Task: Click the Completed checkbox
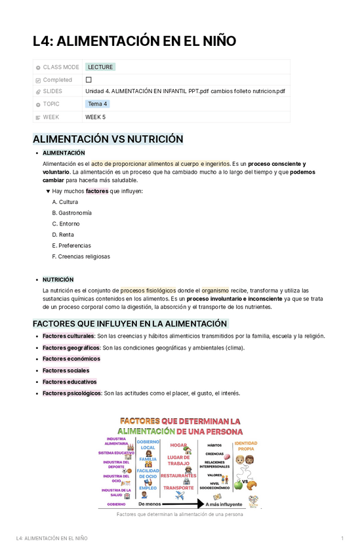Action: point(89,79)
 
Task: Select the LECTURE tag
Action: point(100,67)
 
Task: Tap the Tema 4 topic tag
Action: point(98,104)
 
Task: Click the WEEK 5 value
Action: point(95,117)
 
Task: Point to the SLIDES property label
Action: point(52,92)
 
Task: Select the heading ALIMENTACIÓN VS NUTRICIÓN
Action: point(108,139)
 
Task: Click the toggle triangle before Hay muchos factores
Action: point(48,191)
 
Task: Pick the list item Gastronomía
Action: point(75,213)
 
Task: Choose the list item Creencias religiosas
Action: point(84,256)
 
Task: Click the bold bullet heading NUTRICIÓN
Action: point(58,279)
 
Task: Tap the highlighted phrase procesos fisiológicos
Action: point(148,290)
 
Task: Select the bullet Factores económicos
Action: point(71,359)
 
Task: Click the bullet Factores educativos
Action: point(70,382)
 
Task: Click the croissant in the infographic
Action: point(252,484)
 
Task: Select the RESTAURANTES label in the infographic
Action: point(178,475)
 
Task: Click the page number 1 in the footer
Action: point(342,538)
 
